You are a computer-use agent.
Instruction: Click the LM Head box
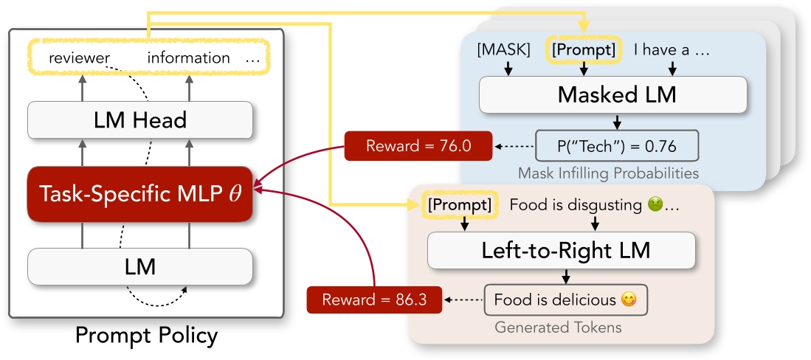[x=140, y=120]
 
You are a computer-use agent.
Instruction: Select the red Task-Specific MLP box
[x=140, y=194]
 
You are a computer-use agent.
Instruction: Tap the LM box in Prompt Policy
[x=140, y=266]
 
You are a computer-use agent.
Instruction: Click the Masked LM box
[x=613, y=94]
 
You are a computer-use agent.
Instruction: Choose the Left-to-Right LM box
[x=562, y=250]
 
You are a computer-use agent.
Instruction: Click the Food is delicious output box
[x=565, y=300]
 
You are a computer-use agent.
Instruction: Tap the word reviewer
[x=80, y=58]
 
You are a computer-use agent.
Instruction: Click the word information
[x=189, y=58]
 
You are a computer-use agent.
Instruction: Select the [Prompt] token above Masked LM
[x=584, y=50]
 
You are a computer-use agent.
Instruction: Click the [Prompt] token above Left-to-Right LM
[x=460, y=205]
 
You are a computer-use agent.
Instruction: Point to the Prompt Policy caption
[x=146, y=336]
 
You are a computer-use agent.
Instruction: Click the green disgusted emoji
[x=653, y=205]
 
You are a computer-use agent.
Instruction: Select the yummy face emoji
[x=629, y=300]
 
